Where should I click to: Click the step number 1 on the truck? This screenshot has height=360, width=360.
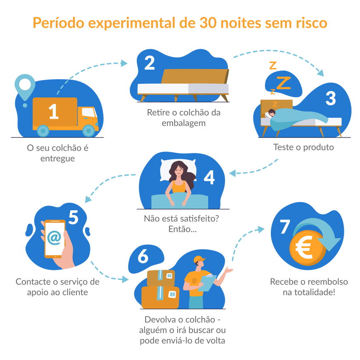click(x=54, y=112)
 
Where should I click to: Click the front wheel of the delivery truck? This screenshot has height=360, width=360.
click(x=88, y=130)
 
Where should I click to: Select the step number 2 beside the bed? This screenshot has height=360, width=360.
click(x=149, y=63)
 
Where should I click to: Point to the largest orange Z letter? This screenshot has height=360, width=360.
click(x=283, y=83)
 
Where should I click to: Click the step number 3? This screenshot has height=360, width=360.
click(x=331, y=98)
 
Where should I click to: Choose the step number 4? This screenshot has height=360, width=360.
click(x=209, y=177)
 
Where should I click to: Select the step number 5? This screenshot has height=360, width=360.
click(x=73, y=218)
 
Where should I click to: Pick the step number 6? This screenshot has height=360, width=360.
click(x=143, y=257)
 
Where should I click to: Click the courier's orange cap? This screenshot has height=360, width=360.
click(x=199, y=259)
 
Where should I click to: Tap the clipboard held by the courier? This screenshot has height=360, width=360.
click(x=207, y=282)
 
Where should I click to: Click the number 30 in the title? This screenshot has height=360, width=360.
click(x=209, y=23)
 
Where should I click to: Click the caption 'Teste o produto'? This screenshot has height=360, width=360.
click(x=303, y=147)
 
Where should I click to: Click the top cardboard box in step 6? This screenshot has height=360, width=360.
click(x=161, y=277)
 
